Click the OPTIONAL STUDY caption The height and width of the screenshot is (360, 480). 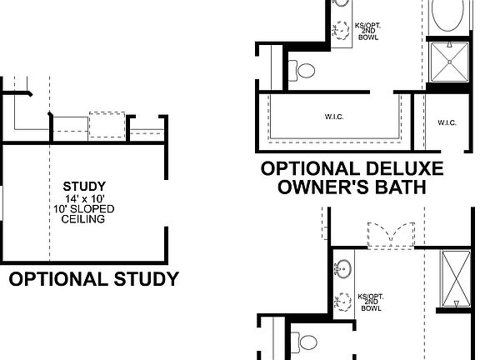[x=93, y=279]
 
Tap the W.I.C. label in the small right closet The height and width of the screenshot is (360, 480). [x=446, y=123]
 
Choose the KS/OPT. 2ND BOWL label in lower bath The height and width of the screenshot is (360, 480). [x=370, y=302]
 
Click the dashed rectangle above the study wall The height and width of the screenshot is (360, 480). [x=106, y=124]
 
